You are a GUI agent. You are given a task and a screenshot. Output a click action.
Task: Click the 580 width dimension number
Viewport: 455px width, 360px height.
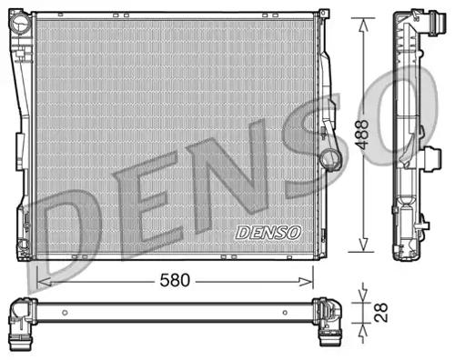click(175, 280)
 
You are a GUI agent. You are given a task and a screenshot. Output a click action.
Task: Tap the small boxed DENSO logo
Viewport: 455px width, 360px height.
click(268, 232)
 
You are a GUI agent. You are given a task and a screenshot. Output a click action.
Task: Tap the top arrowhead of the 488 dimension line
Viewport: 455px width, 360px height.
click(364, 19)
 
